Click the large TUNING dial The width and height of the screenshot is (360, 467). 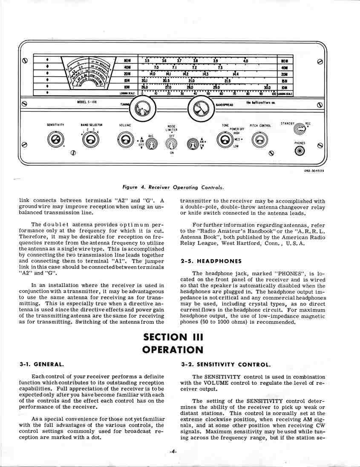140,110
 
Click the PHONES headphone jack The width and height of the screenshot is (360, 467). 300,151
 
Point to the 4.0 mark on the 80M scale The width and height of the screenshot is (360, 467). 245,61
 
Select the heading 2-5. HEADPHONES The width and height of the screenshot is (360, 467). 211,261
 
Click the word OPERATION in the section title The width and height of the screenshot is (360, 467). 173,349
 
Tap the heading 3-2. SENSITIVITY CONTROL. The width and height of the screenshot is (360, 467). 225,365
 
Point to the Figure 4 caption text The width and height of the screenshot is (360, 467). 173,187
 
